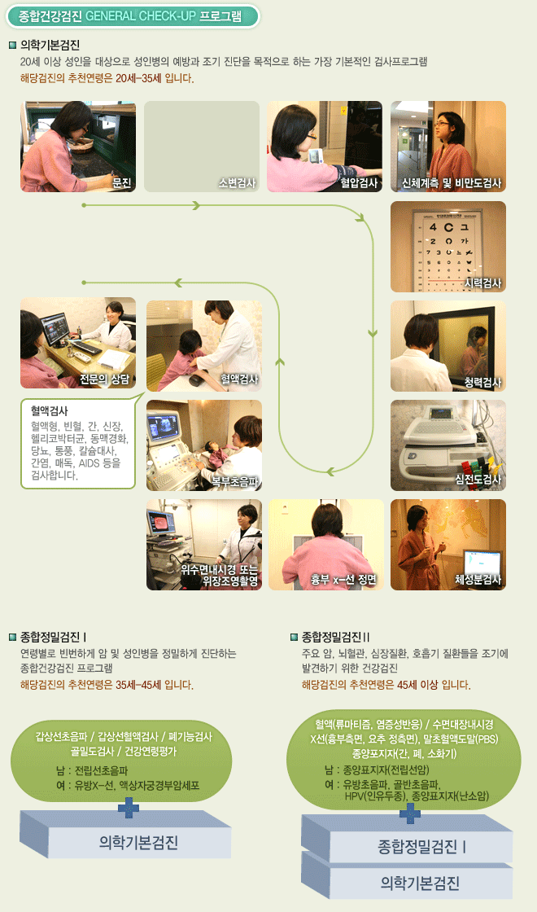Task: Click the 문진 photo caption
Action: (x=121, y=182)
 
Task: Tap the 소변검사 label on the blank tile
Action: (x=237, y=182)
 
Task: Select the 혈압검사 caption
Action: (x=359, y=182)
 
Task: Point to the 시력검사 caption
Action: (x=483, y=283)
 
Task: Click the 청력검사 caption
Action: (x=483, y=382)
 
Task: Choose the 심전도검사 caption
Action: (x=478, y=480)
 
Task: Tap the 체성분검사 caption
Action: (x=478, y=579)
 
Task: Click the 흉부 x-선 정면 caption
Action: (x=343, y=579)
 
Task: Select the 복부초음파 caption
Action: (x=235, y=481)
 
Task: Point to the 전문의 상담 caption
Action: (x=105, y=379)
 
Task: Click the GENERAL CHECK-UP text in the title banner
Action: (x=141, y=15)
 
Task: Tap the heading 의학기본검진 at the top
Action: (x=50, y=45)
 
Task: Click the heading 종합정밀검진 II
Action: (x=336, y=637)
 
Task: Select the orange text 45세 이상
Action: (x=417, y=685)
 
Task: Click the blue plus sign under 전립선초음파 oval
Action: (x=129, y=808)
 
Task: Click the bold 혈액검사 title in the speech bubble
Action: (x=50, y=410)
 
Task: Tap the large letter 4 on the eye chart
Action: (x=433, y=227)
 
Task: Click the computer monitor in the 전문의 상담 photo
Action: (x=55, y=327)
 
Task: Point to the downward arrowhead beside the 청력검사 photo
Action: (x=373, y=334)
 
